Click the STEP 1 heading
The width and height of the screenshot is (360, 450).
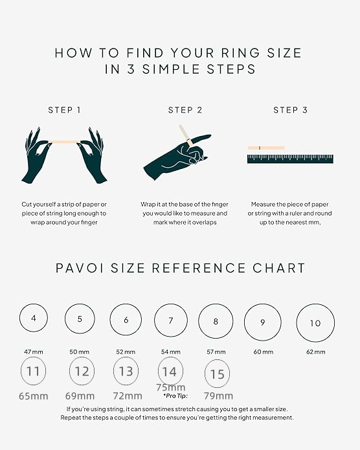[64, 110]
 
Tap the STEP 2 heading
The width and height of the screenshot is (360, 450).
[185, 110]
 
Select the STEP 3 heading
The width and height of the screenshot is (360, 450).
[290, 110]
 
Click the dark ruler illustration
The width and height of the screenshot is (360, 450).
[290, 159]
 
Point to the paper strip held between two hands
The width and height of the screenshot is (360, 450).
[65, 142]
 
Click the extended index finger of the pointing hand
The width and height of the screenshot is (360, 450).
[201, 138]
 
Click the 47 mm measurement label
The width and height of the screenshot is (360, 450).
[34, 352]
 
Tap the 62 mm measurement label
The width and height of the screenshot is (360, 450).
[315, 352]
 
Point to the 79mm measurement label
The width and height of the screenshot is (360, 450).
[218, 396]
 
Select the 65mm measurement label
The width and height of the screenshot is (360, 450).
[34, 396]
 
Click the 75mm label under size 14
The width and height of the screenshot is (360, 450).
[171, 387]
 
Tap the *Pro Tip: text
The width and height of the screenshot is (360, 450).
[175, 396]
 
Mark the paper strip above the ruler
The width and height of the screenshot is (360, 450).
[266, 148]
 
